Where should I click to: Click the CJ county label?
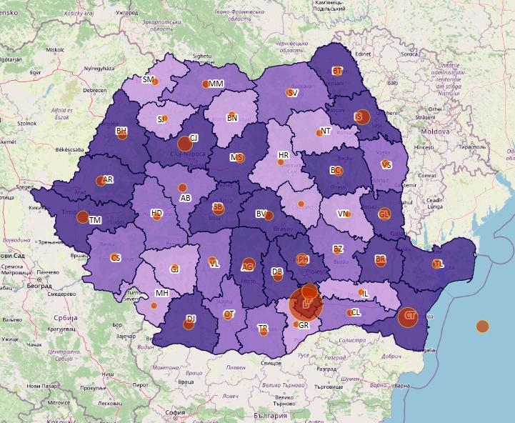click(x=194, y=137)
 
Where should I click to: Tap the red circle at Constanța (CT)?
click(x=408, y=317)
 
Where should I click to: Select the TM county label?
click(x=95, y=220)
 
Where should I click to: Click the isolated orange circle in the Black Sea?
click(x=482, y=327)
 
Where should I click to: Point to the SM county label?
click(x=148, y=79)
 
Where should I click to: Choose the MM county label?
click(x=216, y=84)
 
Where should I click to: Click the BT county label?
click(x=337, y=71)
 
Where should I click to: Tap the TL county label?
click(x=437, y=264)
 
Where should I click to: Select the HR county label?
click(x=284, y=155)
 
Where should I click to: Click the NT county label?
click(x=326, y=131)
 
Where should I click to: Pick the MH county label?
click(x=162, y=293)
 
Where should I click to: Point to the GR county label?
click(x=304, y=325)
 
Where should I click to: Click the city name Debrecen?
click(x=94, y=91)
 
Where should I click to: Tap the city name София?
click(x=174, y=412)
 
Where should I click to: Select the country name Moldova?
click(x=434, y=133)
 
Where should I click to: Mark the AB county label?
click(x=186, y=198)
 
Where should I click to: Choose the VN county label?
click(x=343, y=214)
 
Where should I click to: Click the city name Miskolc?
click(x=54, y=50)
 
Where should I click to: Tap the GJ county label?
click(x=174, y=269)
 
